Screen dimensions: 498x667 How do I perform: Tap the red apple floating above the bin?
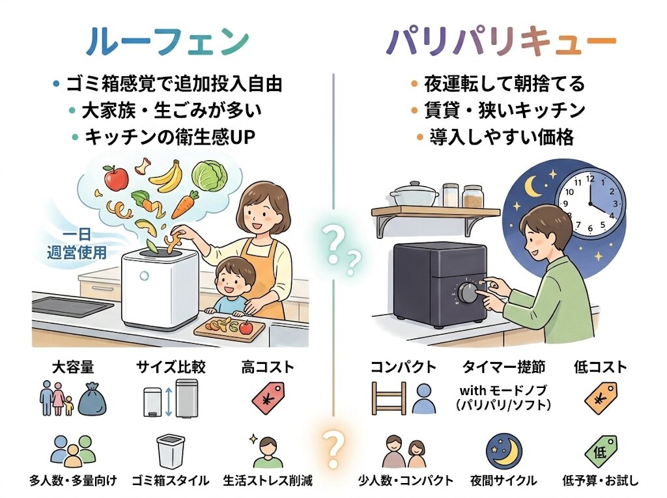[116, 176]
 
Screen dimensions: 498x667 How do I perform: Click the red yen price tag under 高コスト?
[269, 397]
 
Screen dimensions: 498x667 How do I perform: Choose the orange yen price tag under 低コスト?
[600, 397]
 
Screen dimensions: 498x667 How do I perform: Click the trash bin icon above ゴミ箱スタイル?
[171, 451]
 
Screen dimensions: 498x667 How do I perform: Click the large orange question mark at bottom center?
[333, 447]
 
